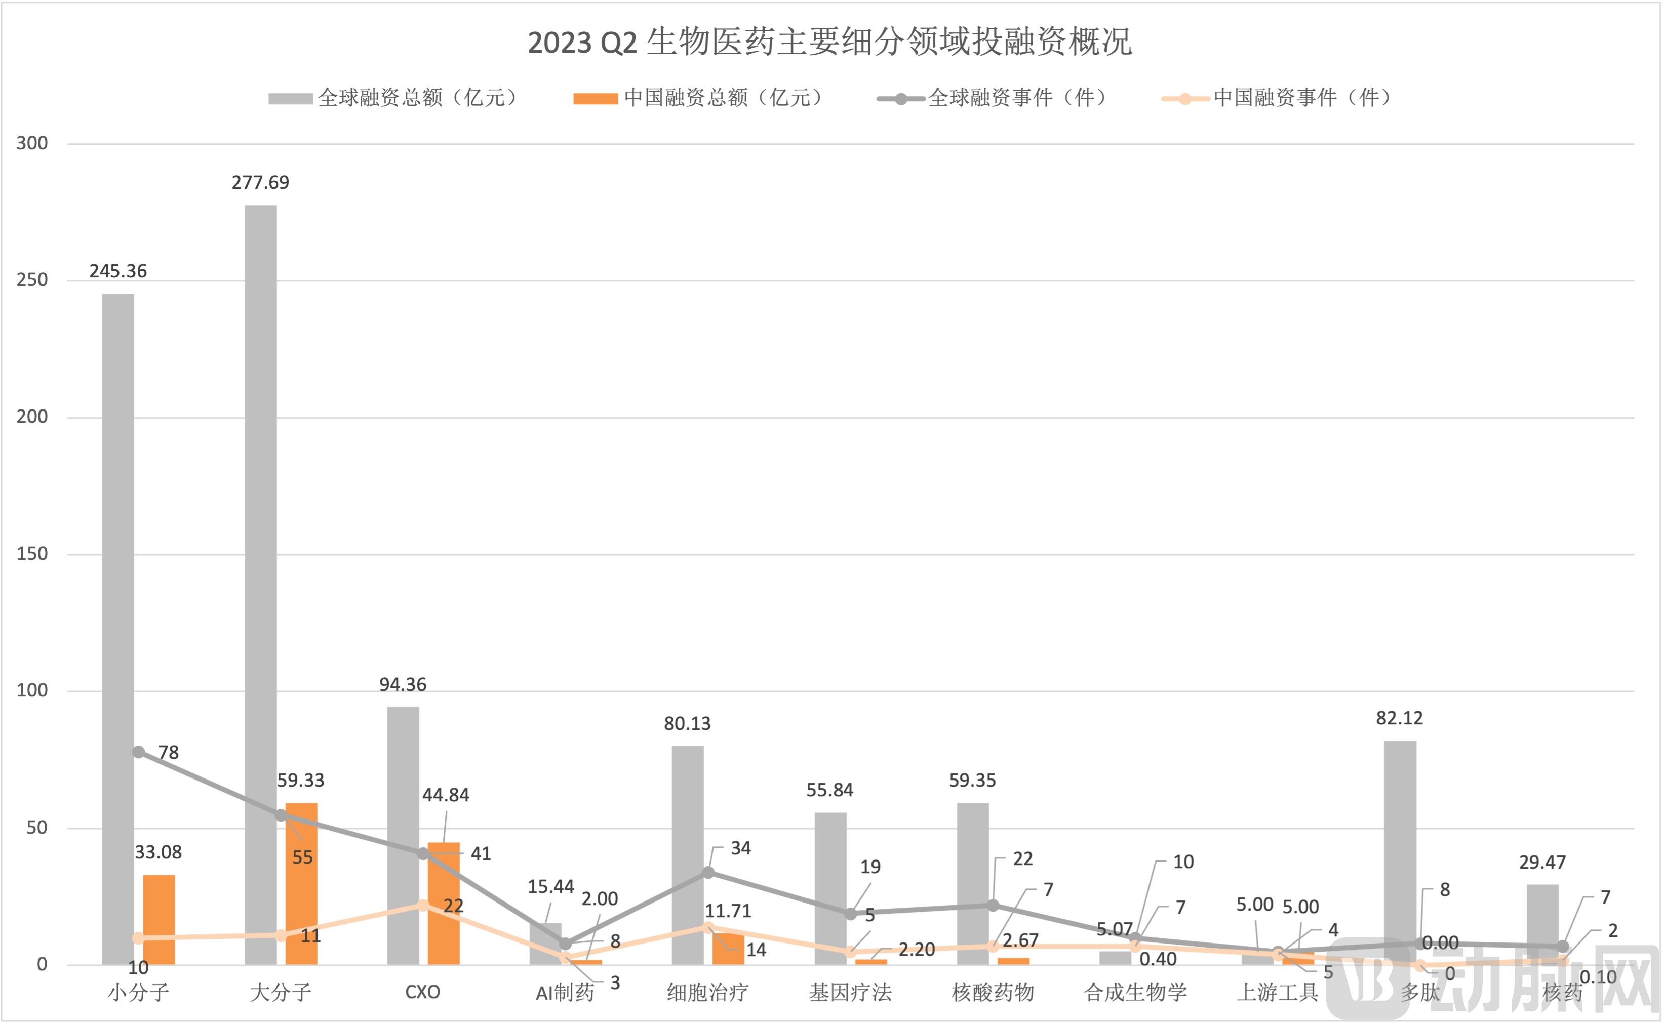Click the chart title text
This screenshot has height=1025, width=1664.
pyautogui.click(x=830, y=42)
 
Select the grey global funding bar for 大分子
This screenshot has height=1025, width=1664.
pyautogui.click(x=261, y=583)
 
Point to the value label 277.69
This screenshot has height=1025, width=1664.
pyautogui.click(x=260, y=182)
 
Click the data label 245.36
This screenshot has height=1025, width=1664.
pyautogui.click(x=118, y=271)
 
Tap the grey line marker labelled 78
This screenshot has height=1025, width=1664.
pyautogui.click(x=138, y=752)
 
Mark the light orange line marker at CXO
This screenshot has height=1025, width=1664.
pyautogui.click(x=423, y=905)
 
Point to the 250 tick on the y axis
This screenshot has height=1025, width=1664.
pyautogui.click(x=32, y=280)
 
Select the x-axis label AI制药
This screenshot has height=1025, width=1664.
pyautogui.click(x=565, y=993)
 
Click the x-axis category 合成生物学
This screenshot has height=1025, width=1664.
pyautogui.click(x=1135, y=993)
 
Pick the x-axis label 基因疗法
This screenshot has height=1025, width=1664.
pyautogui.click(x=850, y=993)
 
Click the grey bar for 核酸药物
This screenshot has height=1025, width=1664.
pyautogui.click(x=972, y=881)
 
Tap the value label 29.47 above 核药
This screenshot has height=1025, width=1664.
pyautogui.click(x=1542, y=863)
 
